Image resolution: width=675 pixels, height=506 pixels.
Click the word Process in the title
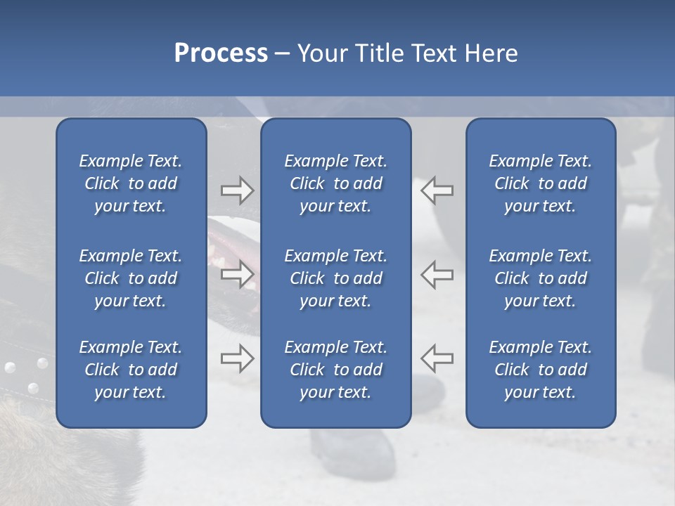click(x=221, y=53)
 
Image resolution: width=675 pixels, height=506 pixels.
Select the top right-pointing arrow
click(x=237, y=190)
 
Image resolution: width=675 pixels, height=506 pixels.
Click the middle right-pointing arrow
click(x=237, y=274)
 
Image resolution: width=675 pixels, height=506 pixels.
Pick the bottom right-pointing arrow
click(x=237, y=358)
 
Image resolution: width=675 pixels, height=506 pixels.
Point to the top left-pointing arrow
click(x=437, y=190)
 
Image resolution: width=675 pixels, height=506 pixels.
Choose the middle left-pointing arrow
click(x=437, y=274)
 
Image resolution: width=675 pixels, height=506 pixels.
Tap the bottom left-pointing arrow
click(x=437, y=358)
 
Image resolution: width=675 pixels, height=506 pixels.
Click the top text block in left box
click(x=131, y=183)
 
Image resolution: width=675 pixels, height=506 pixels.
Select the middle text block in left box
click(x=131, y=278)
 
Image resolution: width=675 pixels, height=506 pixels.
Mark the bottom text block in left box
click(x=131, y=370)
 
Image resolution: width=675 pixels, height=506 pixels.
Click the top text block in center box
click(x=336, y=183)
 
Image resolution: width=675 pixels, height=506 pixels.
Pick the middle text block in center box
click(x=336, y=278)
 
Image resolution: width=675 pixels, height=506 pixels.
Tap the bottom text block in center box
click(x=336, y=370)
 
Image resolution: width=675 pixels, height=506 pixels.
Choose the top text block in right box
click(x=541, y=183)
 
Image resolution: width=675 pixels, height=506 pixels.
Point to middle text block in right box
click(x=541, y=278)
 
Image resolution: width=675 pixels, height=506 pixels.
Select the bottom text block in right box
click(x=541, y=370)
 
